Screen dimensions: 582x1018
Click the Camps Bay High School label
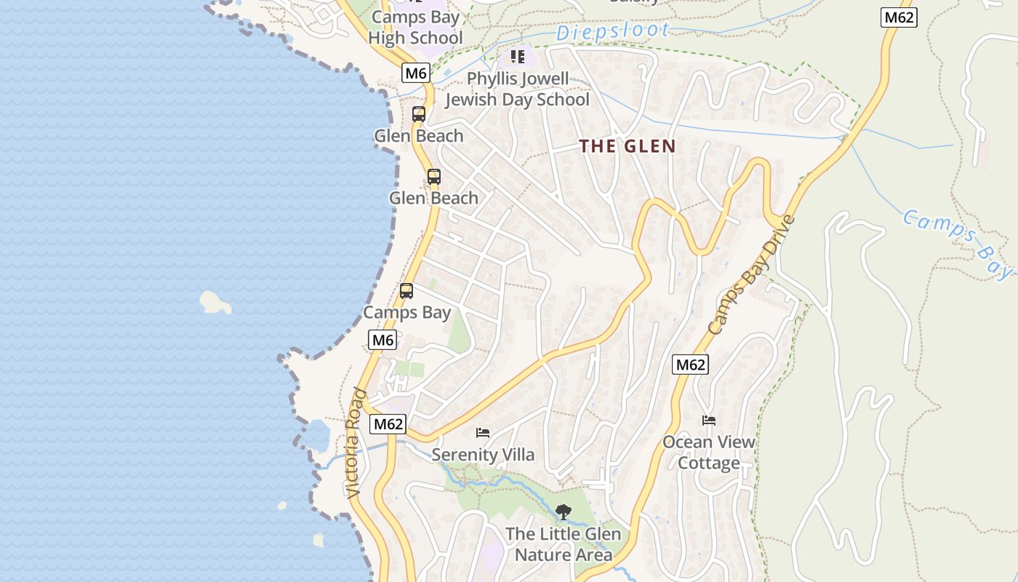click(415, 28)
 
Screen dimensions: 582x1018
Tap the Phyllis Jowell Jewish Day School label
click(517, 89)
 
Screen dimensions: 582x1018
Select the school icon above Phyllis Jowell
click(517, 56)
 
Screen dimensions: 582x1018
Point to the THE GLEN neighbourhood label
click(628, 146)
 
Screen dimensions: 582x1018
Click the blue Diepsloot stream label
click(612, 31)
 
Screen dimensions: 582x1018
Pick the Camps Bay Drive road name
click(752, 276)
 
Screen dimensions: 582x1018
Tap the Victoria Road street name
click(356, 443)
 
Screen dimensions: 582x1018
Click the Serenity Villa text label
click(483, 455)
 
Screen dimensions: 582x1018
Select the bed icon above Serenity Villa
click(483, 433)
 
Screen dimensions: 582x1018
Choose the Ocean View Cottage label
click(708, 452)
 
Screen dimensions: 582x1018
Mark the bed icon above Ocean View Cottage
click(708, 420)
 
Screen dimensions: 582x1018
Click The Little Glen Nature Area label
click(563, 544)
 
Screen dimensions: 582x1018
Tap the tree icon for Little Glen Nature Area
click(563, 512)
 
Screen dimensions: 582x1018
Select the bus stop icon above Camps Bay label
click(406, 291)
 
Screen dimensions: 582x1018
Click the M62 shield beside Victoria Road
click(387, 424)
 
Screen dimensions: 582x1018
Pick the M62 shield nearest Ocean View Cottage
click(690, 364)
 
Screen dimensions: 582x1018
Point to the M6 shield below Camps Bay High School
click(415, 73)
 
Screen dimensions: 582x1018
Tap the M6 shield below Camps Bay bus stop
click(382, 340)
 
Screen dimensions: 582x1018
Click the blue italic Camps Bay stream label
click(957, 243)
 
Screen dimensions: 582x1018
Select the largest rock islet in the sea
click(215, 302)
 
